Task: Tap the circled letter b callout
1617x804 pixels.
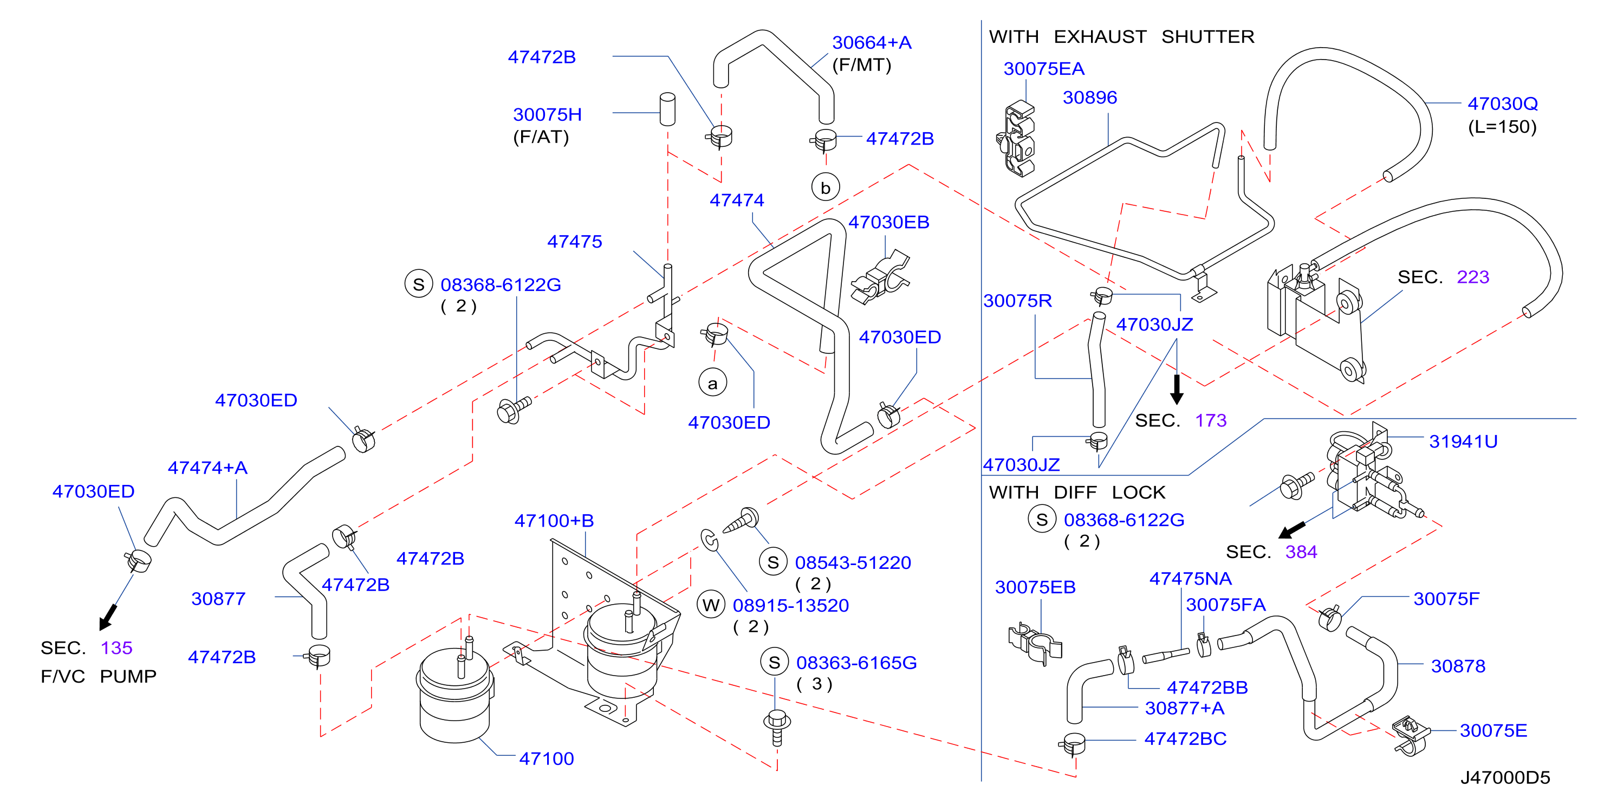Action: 826,187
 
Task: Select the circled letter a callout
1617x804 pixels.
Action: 712,382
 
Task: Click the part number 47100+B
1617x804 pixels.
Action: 554,520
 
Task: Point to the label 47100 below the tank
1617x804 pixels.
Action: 546,758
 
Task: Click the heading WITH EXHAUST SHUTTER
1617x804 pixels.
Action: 1121,36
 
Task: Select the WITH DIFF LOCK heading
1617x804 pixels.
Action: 1076,492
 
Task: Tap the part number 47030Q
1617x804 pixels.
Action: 1502,103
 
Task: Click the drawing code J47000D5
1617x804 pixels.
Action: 1505,777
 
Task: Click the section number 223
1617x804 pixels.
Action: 1472,277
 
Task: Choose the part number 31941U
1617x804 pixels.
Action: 1463,441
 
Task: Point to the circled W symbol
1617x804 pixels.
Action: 711,605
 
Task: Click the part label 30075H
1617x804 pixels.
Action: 547,114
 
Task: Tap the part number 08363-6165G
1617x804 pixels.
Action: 856,662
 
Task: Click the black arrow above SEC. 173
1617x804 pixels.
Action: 1177,389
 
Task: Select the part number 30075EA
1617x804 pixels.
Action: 1043,68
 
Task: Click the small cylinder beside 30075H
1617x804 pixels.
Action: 667,109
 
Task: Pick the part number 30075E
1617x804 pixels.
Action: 1493,730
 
